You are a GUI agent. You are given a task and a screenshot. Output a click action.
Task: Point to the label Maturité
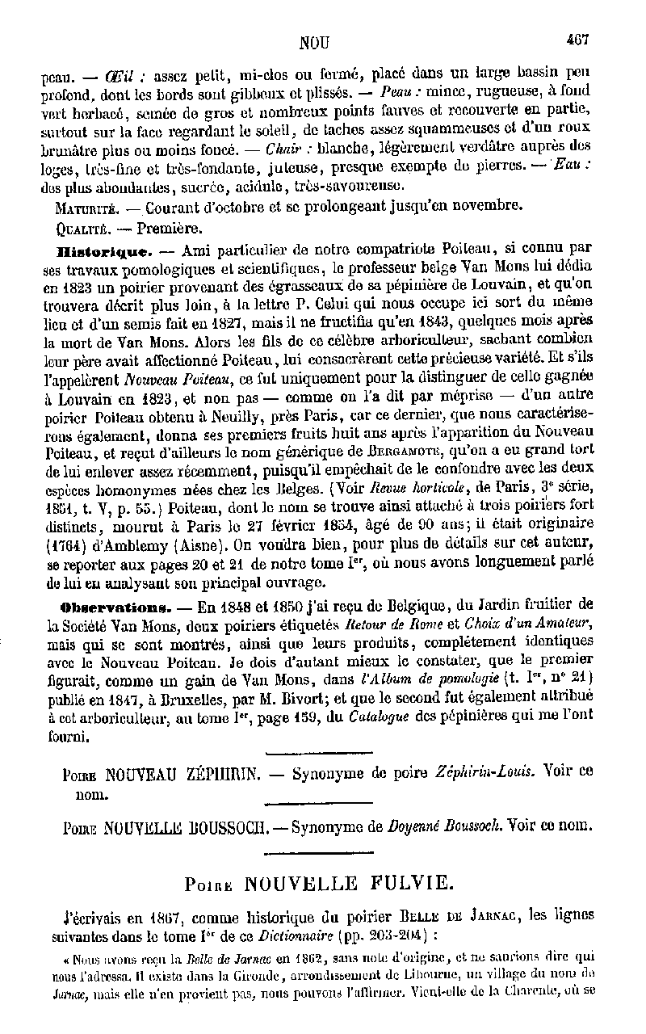78,208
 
